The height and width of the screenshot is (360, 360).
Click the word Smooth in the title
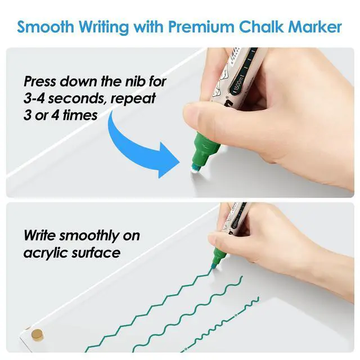point(46,26)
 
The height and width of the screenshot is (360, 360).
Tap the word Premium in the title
point(201,26)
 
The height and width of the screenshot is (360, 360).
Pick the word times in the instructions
point(80,115)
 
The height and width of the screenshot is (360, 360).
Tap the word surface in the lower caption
point(96,253)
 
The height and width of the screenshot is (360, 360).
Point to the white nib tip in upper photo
point(195,169)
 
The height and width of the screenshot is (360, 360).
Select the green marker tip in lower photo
point(214,267)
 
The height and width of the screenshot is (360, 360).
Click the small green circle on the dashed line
point(235,315)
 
